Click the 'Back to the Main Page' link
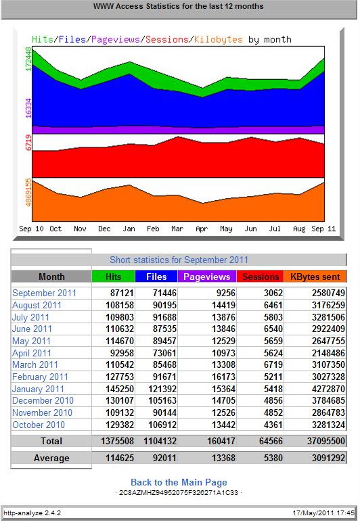pyautogui.click(x=179, y=482)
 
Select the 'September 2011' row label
pyautogui.click(x=44, y=293)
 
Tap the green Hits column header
pyautogui.click(x=113, y=277)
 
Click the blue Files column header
pyautogui.click(x=156, y=277)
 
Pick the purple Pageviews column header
pyautogui.click(x=207, y=277)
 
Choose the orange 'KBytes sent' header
pyautogui.click(x=315, y=277)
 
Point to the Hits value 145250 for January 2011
pyautogui.click(x=120, y=389)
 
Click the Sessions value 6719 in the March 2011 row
pyautogui.click(x=273, y=365)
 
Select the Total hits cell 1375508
pyautogui.click(x=117, y=441)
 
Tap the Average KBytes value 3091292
pyautogui.click(x=328, y=458)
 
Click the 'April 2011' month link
pyautogui.click(x=32, y=353)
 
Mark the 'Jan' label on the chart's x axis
pyautogui.click(x=129, y=229)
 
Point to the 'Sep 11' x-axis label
pyautogui.click(x=323, y=229)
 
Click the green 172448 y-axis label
pyautogui.click(x=28, y=59)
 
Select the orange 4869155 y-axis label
pyautogui.click(x=28, y=193)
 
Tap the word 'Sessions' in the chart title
pyautogui.click(x=167, y=40)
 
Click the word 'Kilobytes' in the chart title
pyautogui.click(x=219, y=40)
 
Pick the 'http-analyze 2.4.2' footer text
pyautogui.click(x=32, y=513)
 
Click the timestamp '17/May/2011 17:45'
pyautogui.click(x=323, y=513)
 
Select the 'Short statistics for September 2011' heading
pyautogui.click(x=179, y=260)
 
